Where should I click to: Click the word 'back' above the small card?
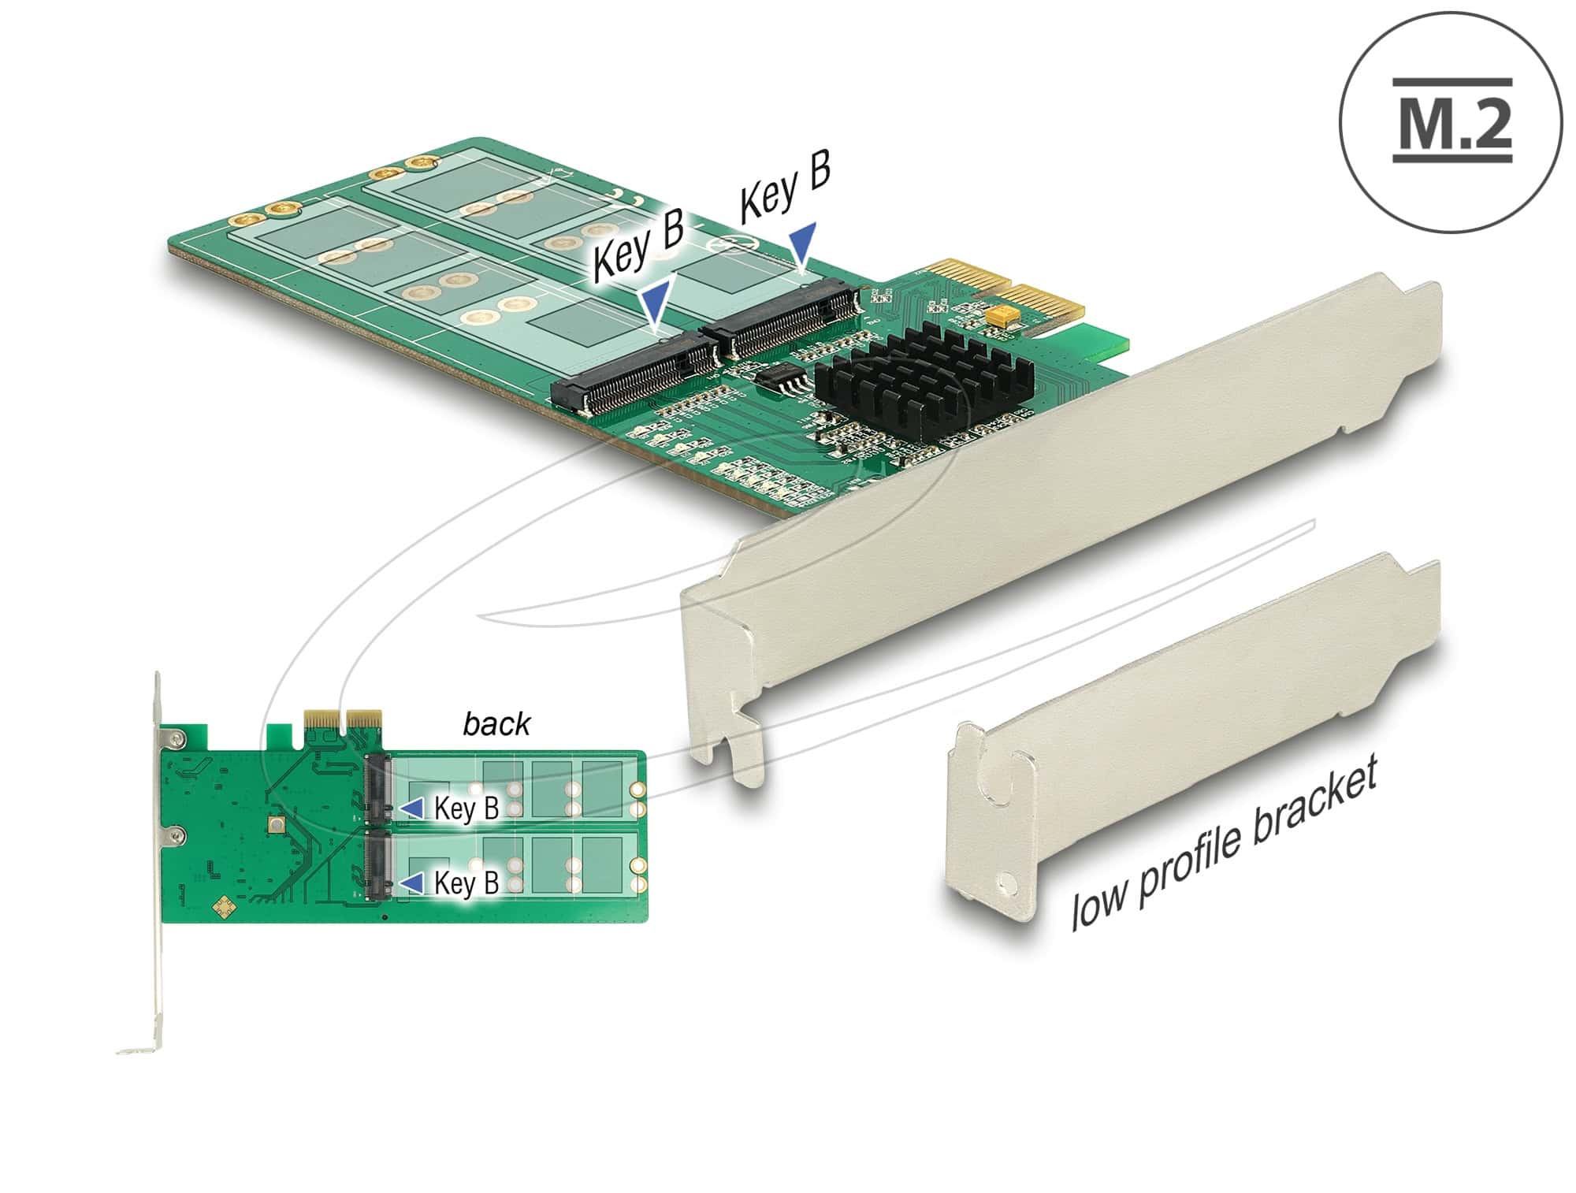(x=496, y=724)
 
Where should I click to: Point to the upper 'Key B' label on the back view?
(x=466, y=808)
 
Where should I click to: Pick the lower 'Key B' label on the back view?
(x=466, y=883)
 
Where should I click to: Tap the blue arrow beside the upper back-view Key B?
(x=411, y=808)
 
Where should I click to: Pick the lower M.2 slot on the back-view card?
(x=377, y=864)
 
